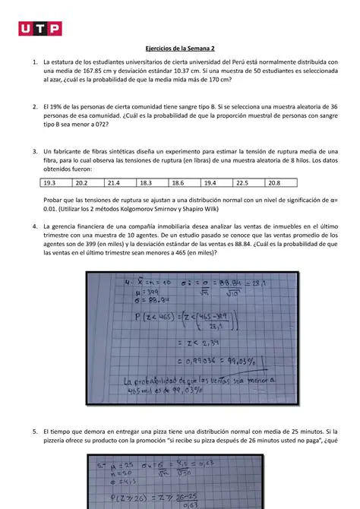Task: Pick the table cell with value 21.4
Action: tap(114, 183)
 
